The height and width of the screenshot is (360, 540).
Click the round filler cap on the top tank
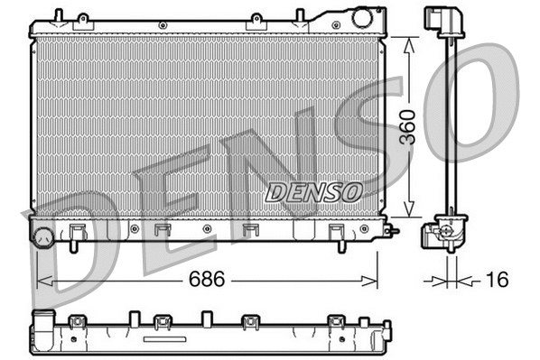point(363,16)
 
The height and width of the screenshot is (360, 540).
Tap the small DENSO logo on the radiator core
point(314,191)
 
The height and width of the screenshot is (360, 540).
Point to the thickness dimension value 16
point(495,281)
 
